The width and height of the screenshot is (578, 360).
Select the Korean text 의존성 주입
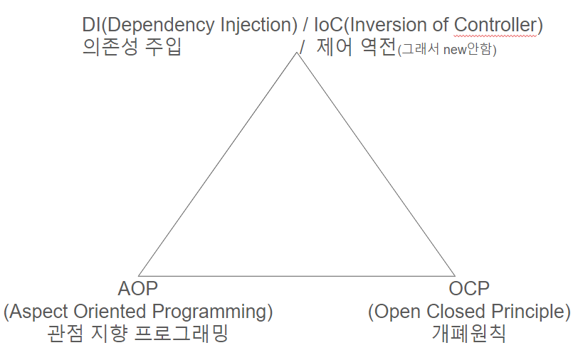coord(132,48)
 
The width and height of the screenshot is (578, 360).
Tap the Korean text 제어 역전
coord(356,48)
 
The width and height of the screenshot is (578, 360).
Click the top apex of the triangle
coord(297,53)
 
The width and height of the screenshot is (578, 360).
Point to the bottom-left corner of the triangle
coord(139,275)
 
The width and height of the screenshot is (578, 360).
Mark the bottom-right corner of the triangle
coord(454,275)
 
